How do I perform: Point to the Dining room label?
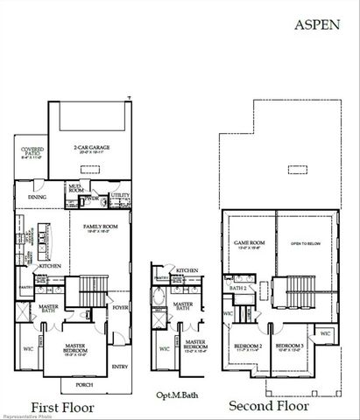(38, 197)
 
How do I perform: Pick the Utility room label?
(120, 195)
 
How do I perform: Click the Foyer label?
(119, 306)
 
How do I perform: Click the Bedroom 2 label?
(249, 346)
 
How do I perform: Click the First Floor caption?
(63, 406)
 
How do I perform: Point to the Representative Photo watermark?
(25, 415)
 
